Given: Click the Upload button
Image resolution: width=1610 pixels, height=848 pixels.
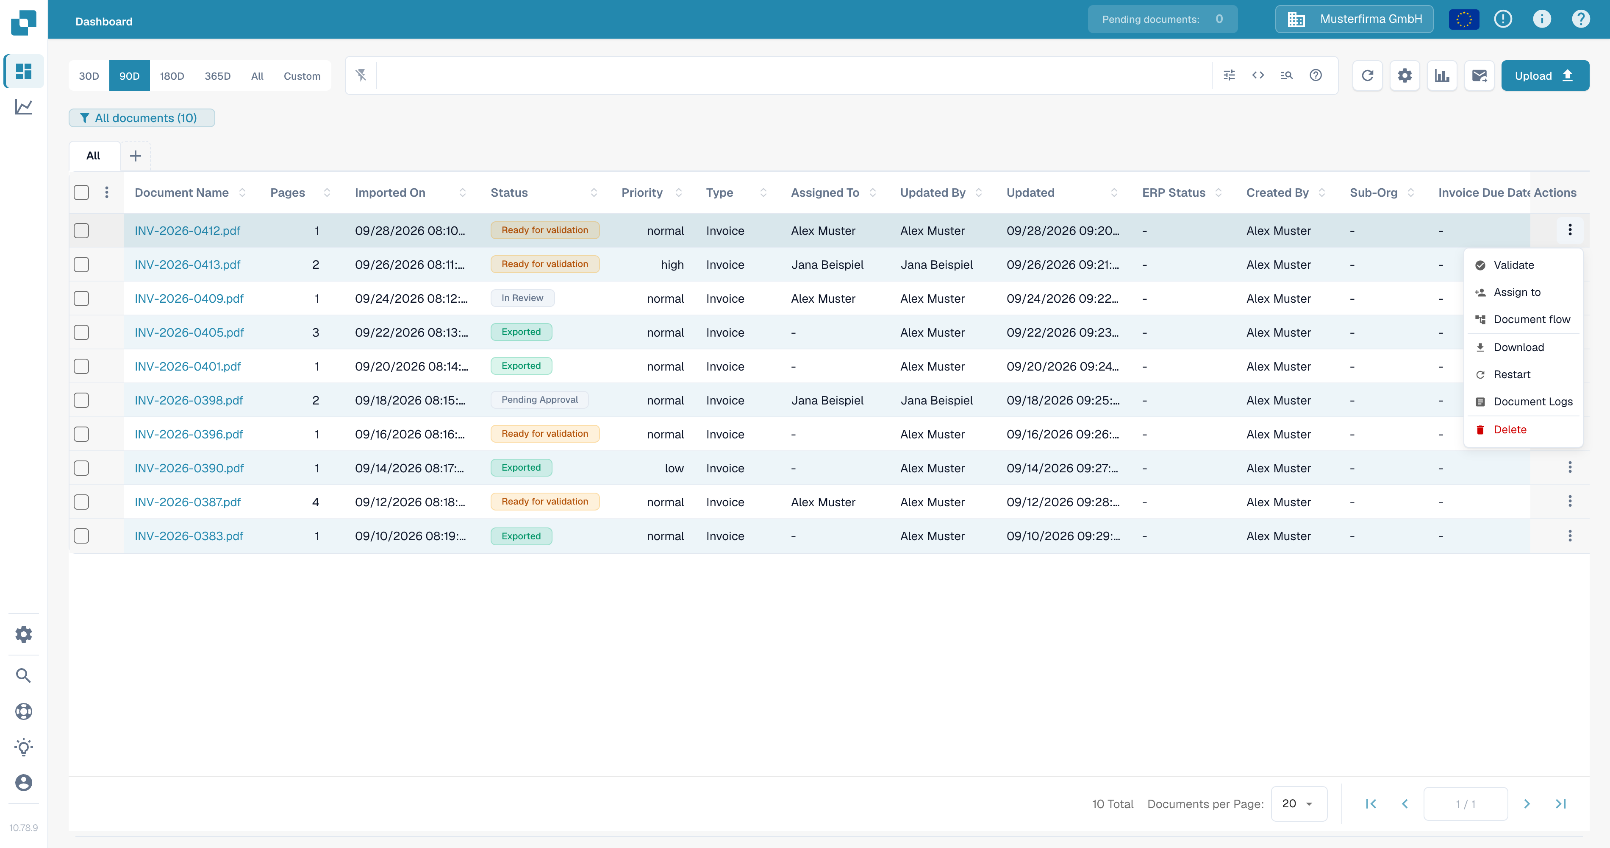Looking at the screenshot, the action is click(x=1544, y=75).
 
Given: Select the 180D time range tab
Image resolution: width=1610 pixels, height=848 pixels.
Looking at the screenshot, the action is click(x=172, y=75).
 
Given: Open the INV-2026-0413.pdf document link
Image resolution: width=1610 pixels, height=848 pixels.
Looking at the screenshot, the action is click(x=188, y=265).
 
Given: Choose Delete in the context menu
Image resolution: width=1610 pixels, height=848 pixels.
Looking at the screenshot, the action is click(x=1509, y=430).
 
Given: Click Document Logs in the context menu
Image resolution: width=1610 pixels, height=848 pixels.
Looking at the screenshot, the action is click(x=1532, y=402).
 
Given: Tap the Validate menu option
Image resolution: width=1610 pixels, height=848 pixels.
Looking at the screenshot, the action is click(x=1513, y=265).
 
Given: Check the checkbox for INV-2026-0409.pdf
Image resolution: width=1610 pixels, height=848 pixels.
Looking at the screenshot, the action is click(x=81, y=298).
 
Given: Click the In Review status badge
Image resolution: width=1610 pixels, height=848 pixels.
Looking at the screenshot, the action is click(x=522, y=298).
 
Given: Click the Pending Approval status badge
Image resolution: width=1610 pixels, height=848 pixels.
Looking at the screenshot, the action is click(x=539, y=399).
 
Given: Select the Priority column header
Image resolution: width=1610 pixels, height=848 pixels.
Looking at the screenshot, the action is click(x=642, y=192).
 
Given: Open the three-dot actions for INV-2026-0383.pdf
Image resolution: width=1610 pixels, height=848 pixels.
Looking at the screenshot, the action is click(x=1569, y=536).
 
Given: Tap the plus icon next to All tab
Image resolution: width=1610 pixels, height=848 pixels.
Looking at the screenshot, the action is click(x=136, y=156).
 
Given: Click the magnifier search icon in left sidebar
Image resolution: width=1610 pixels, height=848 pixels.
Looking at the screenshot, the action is click(x=23, y=675).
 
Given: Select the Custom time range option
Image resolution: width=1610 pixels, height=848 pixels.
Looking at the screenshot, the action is click(x=302, y=75).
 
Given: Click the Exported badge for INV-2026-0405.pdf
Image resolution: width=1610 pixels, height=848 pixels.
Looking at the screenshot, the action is click(x=521, y=332).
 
